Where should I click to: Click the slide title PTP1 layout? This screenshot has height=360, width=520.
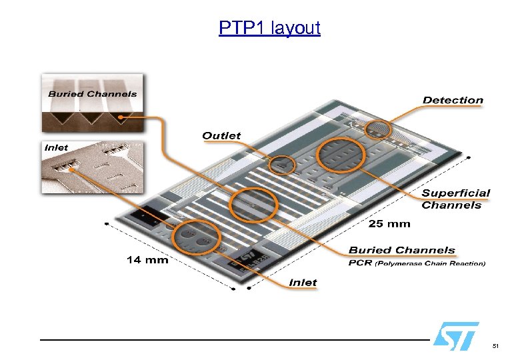(269, 28)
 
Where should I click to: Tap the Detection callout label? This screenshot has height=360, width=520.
(453, 100)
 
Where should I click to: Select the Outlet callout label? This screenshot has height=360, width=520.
(221, 135)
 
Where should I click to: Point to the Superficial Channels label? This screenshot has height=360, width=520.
(455, 199)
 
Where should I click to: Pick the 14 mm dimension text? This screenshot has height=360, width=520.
(147, 259)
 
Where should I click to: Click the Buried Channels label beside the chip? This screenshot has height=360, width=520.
(401, 250)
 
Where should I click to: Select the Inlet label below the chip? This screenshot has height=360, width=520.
(303, 283)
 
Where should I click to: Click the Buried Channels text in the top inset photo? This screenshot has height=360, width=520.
(92, 94)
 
